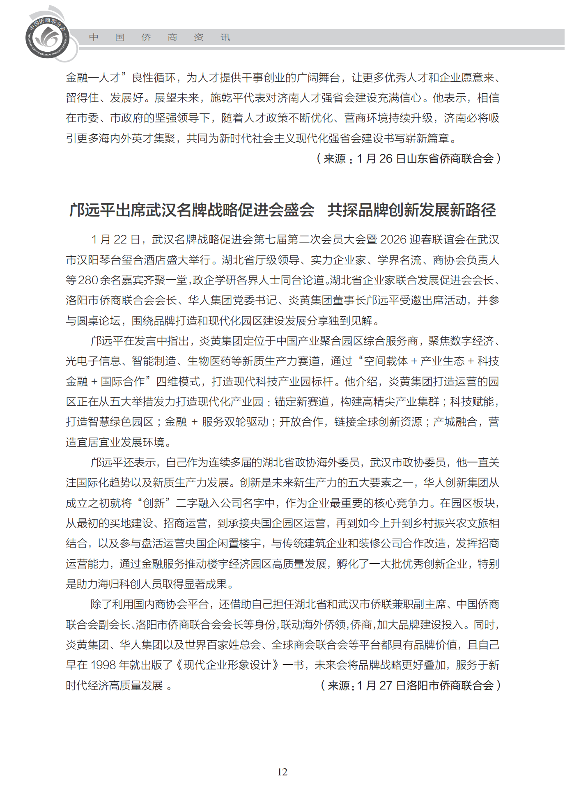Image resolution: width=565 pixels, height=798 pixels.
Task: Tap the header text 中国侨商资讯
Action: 159,37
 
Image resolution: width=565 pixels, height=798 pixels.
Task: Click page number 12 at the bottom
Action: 282,772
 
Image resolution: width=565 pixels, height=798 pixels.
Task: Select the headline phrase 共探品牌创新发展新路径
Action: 411,210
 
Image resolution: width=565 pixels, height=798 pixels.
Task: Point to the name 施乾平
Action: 227,98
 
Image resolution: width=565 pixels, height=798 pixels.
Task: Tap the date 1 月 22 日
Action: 115,239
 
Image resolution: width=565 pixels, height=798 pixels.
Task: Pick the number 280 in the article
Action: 88,280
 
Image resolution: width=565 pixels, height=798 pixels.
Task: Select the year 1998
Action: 103,665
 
